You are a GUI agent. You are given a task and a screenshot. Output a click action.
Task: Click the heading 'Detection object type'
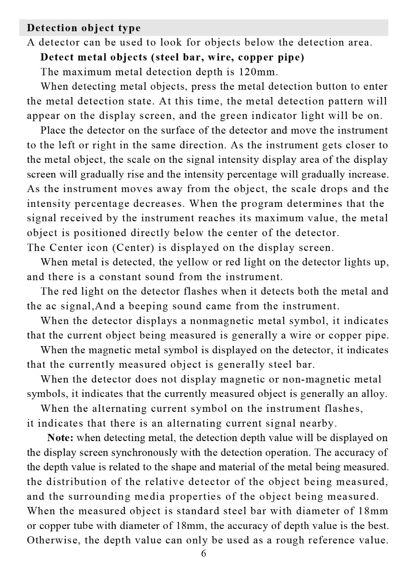click(x=84, y=28)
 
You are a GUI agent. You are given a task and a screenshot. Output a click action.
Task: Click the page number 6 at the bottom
click(x=203, y=553)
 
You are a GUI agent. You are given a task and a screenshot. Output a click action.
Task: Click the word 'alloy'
click(x=374, y=394)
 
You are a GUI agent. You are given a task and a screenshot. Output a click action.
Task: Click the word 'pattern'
click(x=349, y=101)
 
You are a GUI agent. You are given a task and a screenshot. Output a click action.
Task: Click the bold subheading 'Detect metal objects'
click(x=94, y=57)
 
